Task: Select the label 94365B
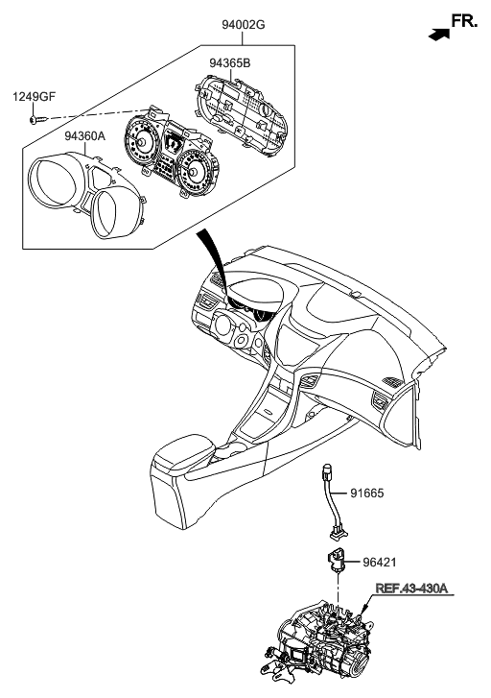[230, 63]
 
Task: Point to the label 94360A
[84, 135]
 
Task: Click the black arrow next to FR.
[437, 34]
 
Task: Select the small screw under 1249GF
[34, 120]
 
